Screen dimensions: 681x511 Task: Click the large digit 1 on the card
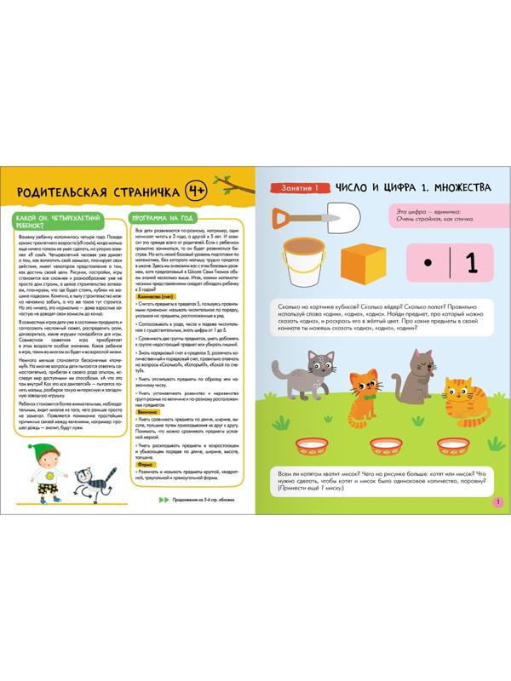(472, 259)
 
